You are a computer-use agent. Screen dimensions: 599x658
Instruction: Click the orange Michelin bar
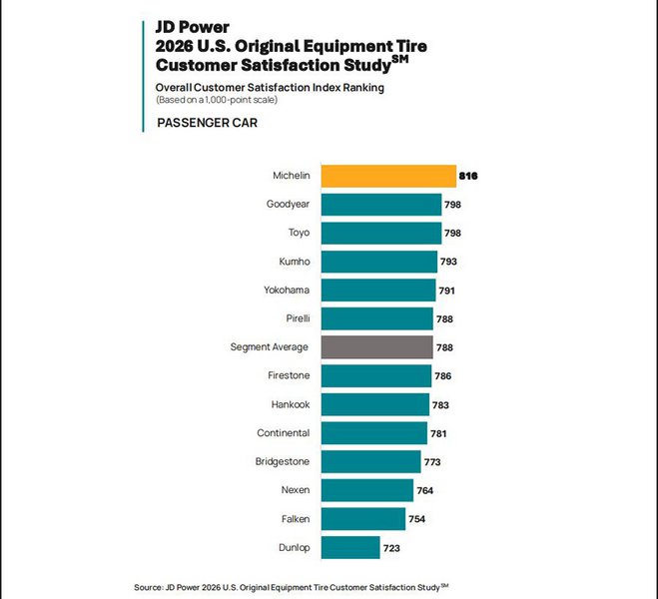point(387,176)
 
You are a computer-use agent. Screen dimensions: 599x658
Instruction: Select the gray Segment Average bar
point(375,347)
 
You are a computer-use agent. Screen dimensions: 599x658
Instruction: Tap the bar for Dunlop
point(349,547)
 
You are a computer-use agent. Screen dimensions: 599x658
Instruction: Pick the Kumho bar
point(378,262)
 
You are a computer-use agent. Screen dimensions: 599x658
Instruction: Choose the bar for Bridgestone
point(370,461)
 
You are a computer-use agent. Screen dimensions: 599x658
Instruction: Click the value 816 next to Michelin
point(468,177)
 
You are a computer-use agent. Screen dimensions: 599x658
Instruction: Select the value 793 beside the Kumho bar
point(450,263)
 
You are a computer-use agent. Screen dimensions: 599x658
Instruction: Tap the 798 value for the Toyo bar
point(454,234)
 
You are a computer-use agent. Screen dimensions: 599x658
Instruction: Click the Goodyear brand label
point(288,205)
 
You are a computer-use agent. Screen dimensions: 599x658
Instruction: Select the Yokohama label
point(288,291)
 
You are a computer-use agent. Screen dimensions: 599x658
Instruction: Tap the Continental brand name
point(284,433)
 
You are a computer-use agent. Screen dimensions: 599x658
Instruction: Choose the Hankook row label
point(290,404)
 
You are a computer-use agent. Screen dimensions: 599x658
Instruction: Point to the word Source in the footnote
point(148,587)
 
